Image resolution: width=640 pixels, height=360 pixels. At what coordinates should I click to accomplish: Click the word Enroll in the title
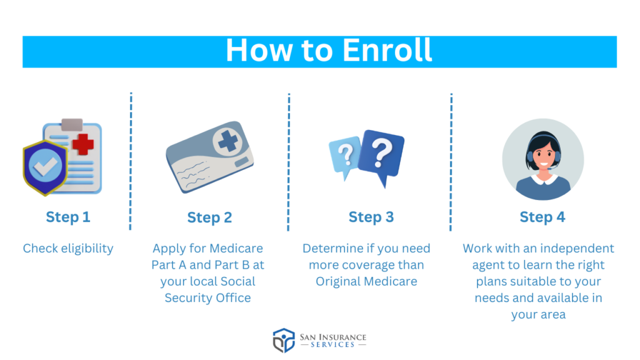387,50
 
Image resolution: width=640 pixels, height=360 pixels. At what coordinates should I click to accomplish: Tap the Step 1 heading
67,217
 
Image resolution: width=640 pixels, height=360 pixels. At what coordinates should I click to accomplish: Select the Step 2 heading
209,217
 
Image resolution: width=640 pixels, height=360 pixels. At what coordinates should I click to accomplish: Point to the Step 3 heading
371,217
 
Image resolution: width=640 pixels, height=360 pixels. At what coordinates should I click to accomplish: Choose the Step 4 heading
542,217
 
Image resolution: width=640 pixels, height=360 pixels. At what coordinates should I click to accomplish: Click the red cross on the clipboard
83,144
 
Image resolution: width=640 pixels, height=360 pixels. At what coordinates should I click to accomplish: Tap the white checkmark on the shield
45,165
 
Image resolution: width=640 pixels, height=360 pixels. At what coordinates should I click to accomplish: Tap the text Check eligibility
68,248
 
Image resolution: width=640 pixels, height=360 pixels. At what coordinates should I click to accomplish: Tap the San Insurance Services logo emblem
284,341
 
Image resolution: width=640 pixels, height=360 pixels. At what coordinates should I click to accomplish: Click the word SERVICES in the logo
332,345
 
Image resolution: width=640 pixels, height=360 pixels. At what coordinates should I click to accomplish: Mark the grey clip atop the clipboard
72,124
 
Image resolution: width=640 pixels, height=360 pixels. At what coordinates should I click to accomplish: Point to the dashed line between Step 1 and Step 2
131,161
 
